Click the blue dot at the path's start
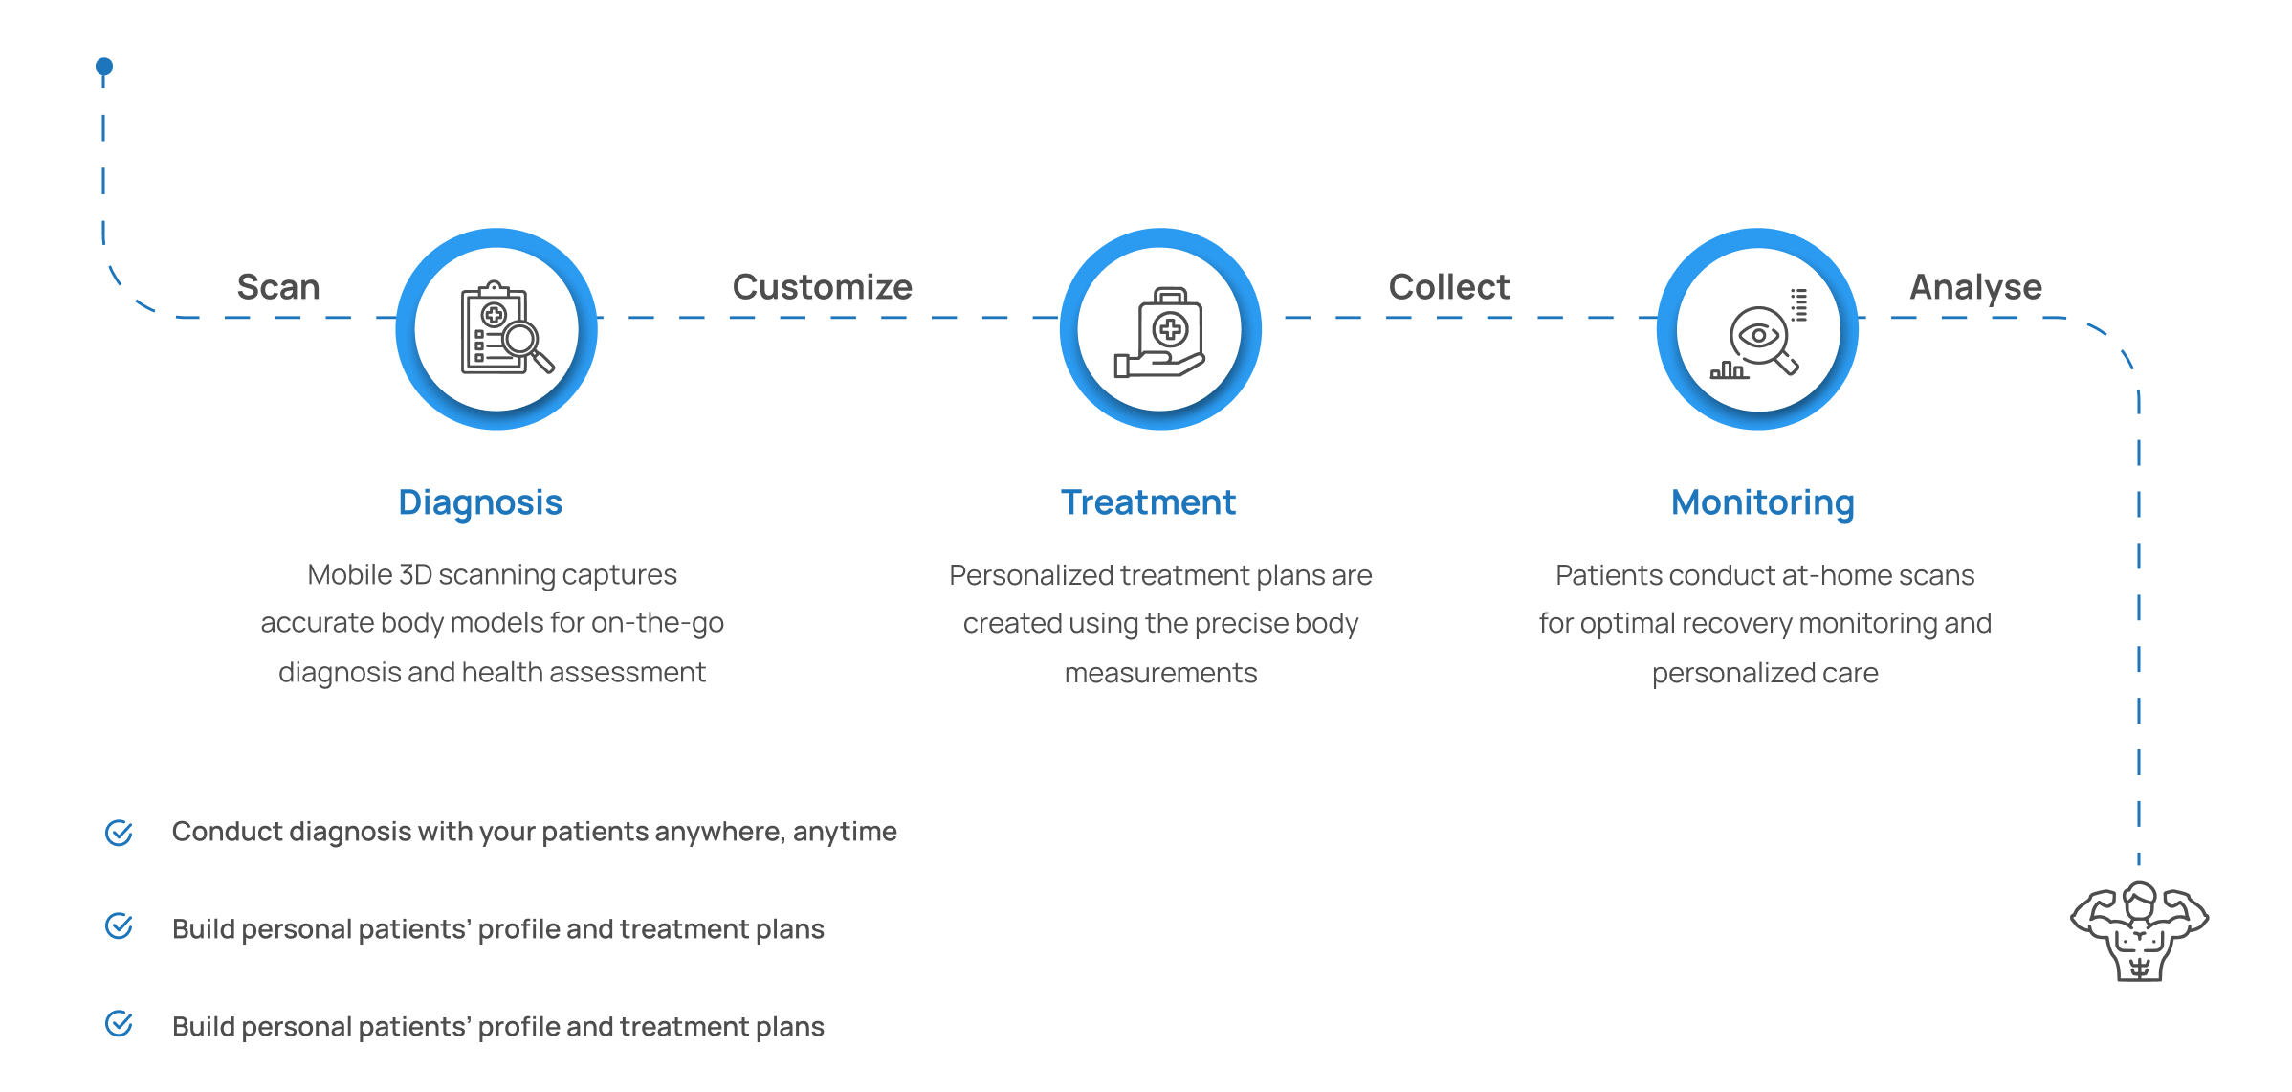[x=104, y=66]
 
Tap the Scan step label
[x=278, y=287]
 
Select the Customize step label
[x=823, y=287]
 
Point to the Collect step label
[x=1449, y=287]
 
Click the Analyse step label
[x=1976, y=288]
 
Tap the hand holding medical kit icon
[x=1159, y=332]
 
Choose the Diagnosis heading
[x=480, y=502]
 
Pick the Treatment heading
[x=1148, y=502]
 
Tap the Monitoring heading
[x=1763, y=502]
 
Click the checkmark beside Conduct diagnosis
[x=119, y=833]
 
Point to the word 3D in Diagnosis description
[x=416, y=574]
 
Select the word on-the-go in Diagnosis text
[x=657, y=623]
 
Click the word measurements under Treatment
[x=1160, y=673]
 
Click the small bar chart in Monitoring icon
[x=1729, y=370]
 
